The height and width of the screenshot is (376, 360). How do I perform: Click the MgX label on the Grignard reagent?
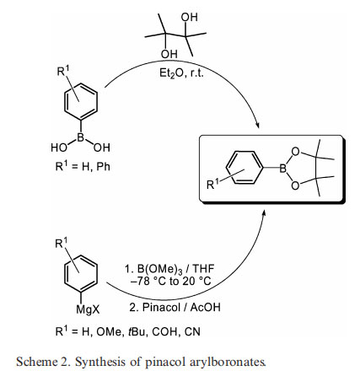[x=88, y=309]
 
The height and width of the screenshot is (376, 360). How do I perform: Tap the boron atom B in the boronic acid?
[x=81, y=137]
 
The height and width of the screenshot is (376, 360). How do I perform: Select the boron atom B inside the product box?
[x=282, y=169]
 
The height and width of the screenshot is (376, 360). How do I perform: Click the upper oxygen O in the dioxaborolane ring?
[x=295, y=152]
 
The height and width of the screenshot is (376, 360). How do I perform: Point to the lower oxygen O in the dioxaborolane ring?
[x=295, y=185]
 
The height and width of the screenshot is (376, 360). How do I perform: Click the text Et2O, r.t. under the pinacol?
[x=181, y=73]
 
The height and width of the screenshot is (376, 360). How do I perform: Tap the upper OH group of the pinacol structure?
[x=189, y=17]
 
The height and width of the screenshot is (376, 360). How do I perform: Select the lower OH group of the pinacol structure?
[x=169, y=54]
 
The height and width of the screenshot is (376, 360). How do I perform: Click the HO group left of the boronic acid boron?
[x=59, y=148]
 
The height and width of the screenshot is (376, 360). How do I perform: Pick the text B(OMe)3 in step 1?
[x=160, y=269]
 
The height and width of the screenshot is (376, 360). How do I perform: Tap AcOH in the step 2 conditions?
[x=205, y=307]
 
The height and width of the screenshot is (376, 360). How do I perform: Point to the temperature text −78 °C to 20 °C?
[x=170, y=281]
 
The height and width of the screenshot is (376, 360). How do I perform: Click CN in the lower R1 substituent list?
[x=192, y=331]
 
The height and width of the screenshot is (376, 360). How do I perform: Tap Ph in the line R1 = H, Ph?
[x=103, y=167]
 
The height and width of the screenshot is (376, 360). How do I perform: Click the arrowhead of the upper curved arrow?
[x=257, y=126]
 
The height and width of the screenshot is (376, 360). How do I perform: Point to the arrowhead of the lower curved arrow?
[x=263, y=214]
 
